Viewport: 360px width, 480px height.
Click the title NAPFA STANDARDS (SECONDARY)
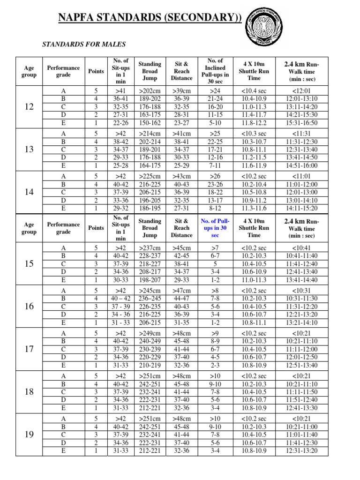pyautogui.click(x=150, y=18)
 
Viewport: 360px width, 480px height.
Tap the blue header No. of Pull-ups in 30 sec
pyautogui.click(x=215, y=228)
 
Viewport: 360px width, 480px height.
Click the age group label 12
pyautogui.click(x=29, y=107)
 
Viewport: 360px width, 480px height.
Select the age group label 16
pyautogui.click(x=29, y=306)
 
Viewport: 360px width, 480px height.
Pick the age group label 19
pyautogui.click(x=29, y=435)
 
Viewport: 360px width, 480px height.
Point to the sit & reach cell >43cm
pyautogui.click(x=181, y=176)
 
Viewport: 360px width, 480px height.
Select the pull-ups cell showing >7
pyautogui.click(x=215, y=247)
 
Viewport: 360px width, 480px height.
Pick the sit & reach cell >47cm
pyautogui.click(x=181, y=290)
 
